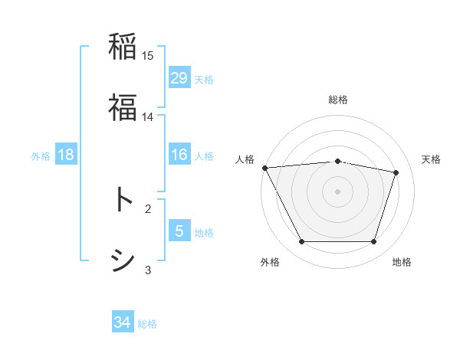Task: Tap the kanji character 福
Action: tap(123, 106)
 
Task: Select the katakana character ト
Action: tap(123, 200)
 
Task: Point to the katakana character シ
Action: tap(123, 260)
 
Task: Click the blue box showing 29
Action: tap(179, 77)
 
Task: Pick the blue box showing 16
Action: tap(179, 155)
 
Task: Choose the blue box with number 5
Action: tap(179, 231)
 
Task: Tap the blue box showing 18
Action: tap(66, 155)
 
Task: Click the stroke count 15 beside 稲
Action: tap(148, 56)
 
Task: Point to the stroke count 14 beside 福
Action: tap(148, 116)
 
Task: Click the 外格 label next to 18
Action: tap(41, 155)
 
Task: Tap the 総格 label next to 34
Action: tap(147, 324)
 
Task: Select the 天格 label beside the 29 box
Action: tap(204, 79)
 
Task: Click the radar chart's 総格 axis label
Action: tap(338, 100)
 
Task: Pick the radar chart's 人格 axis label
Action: tap(245, 159)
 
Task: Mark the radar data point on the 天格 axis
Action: tap(396, 172)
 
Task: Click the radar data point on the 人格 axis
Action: tap(264, 168)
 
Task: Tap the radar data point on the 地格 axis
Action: tap(373, 242)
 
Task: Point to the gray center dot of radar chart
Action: tap(337, 191)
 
